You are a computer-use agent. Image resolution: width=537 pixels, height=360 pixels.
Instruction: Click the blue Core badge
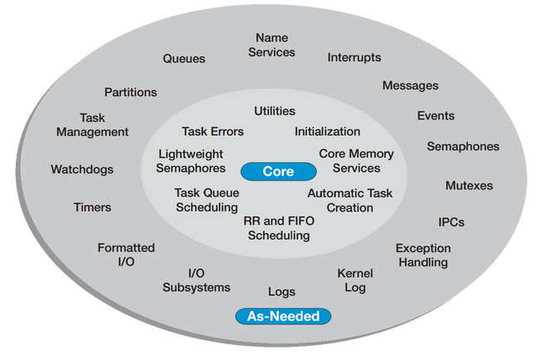[x=278, y=172]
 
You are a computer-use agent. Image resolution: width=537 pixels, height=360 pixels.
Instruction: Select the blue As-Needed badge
[x=283, y=316]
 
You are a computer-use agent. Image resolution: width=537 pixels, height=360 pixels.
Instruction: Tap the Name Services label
[x=271, y=46]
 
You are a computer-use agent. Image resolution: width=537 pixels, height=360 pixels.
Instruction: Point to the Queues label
[x=183, y=59]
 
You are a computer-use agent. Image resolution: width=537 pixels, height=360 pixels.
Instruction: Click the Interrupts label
[x=354, y=58]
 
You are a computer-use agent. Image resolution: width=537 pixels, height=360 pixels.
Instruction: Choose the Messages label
[x=410, y=85]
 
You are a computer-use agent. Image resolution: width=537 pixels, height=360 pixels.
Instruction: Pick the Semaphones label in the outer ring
[x=462, y=147]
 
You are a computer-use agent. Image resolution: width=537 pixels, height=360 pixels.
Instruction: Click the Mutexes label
[x=468, y=186]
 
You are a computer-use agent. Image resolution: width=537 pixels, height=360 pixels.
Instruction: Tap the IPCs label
[x=451, y=222]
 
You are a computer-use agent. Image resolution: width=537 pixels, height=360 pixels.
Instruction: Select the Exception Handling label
[x=422, y=255]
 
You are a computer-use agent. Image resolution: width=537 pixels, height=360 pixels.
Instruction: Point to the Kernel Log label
[x=354, y=280]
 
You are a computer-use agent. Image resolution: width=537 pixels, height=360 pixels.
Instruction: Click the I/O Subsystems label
[x=196, y=280]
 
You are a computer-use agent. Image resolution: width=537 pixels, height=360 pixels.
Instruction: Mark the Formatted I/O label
[x=126, y=255]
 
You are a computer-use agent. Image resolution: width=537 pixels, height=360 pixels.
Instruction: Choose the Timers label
[x=92, y=207]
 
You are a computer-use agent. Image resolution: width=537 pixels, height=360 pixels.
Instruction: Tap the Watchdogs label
[x=82, y=169]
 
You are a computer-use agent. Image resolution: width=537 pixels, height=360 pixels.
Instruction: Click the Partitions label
[x=130, y=92]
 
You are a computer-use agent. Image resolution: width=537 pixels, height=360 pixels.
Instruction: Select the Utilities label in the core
[x=274, y=111]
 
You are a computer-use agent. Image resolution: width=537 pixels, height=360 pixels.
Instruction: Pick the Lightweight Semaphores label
[x=191, y=161]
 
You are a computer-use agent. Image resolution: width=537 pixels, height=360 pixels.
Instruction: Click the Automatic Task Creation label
[x=349, y=201]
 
